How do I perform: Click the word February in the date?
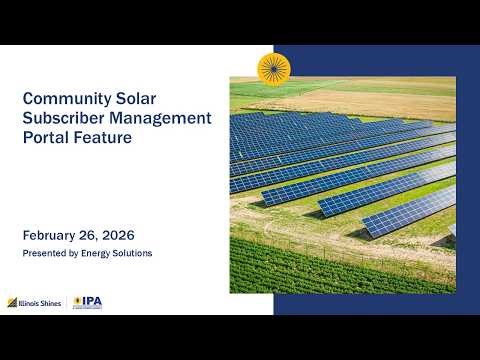point(55,236)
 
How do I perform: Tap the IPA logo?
point(88,302)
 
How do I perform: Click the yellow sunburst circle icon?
point(273,69)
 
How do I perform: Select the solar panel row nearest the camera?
point(410,210)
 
